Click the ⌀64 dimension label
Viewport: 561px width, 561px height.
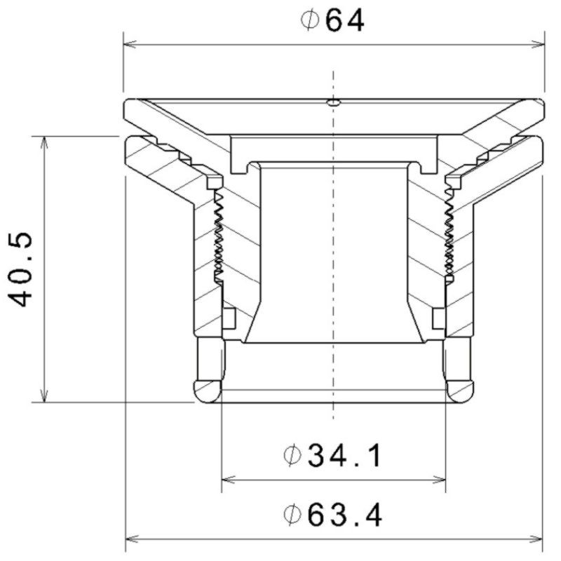point(332,20)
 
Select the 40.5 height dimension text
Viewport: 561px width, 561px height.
point(20,270)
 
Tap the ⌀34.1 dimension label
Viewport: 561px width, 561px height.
point(332,455)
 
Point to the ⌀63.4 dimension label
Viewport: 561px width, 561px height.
point(332,515)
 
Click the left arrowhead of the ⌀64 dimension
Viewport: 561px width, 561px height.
point(130,45)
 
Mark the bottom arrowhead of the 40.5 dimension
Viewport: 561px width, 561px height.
point(44,396)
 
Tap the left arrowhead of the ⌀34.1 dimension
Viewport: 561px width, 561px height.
point(229,480)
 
